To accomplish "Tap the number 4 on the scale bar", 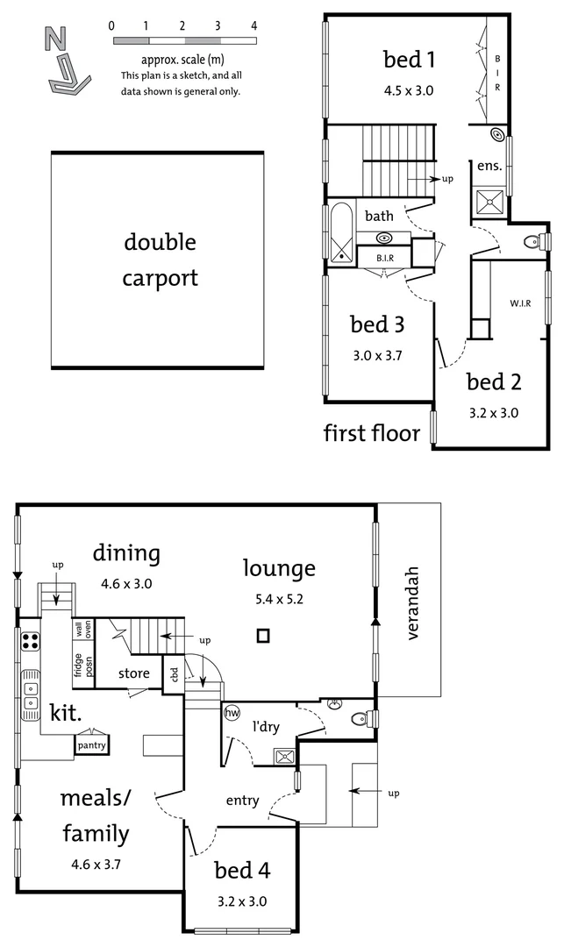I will point(253,25).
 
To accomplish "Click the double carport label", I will point(160,260).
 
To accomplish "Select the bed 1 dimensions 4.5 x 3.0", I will point(409,89).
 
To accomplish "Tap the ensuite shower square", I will point(490,202).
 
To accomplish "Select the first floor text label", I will point(372,433).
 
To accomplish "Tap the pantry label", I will point(92,745).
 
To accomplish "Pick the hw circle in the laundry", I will point(232,713).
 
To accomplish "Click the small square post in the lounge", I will point(262,637).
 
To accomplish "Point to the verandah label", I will point(413,604).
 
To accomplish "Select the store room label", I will point(134,674).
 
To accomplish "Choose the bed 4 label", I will point(242,871).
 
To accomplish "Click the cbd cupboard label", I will point(174,673).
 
